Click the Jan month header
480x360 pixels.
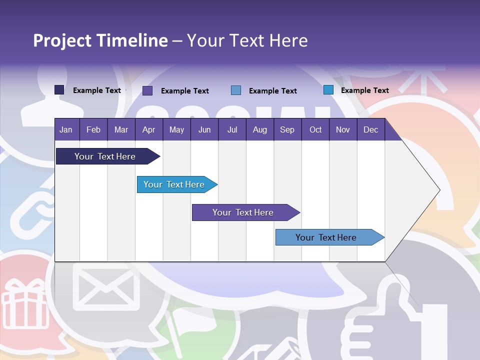click(66, 129)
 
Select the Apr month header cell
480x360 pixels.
click(148, 129)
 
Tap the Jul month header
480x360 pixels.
click(232, 129)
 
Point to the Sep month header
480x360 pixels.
click(287, 129)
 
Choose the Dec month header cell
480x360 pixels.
click(370, 129)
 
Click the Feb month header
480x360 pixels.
click(93, 129)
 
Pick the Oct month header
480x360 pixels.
click(315, 129)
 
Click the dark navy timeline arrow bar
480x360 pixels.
click(105, 156)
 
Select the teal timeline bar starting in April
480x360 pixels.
click(174, 184)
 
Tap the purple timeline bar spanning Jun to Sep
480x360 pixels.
click(243, 212)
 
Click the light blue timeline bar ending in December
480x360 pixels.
click(326, 237)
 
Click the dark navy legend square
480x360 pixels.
click(59, 90)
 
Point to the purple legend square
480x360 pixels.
click(147, 90)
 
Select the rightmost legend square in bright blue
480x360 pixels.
click(328, 90)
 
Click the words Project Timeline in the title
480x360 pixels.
click(100, 40)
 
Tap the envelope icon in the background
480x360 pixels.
click(106, 287)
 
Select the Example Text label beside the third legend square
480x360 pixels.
click(272, 91)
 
